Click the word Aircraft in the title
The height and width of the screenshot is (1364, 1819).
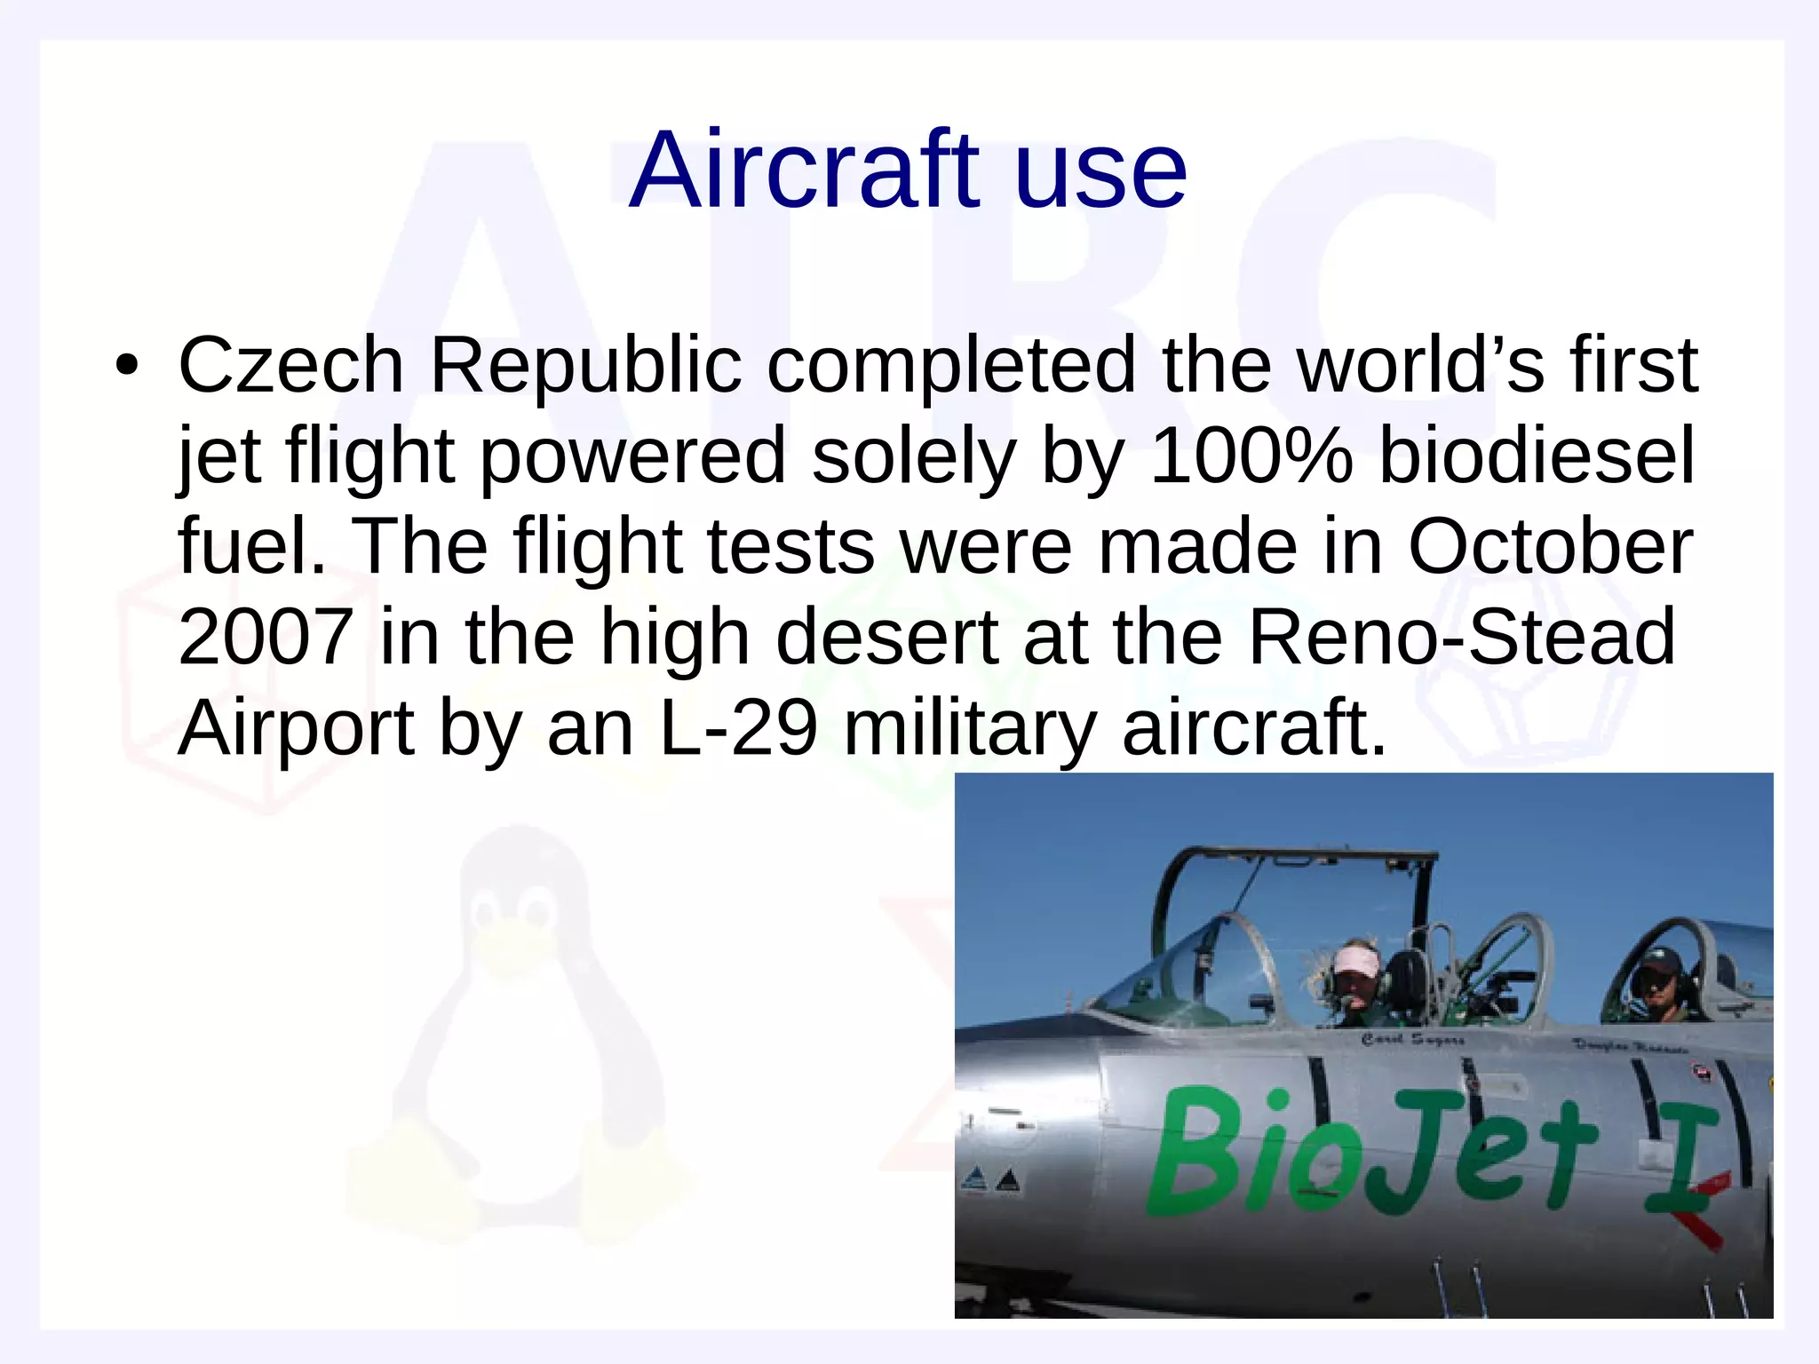coord(804,170)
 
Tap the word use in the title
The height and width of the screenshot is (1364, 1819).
coord(1100,170)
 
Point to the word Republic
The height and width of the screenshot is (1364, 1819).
coord(585,367)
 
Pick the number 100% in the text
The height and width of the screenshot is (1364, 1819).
coord(1251,456)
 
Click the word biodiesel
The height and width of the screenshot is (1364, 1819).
coord(1537,456)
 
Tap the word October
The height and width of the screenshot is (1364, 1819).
coord(1550,547)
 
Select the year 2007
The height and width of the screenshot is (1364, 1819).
coord(266,637)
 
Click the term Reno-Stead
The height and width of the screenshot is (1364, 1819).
coord(1461,637)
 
